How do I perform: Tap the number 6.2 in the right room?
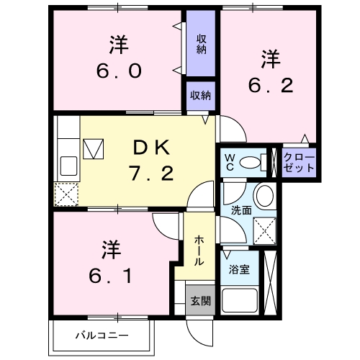(x=271, y=86)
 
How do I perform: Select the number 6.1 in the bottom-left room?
(x=110, y=275)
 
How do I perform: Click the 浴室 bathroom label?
(x=239, y=270)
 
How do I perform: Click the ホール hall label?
(x=199, y=250)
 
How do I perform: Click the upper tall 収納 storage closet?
(x=201, y=44)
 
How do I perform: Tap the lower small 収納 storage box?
(x=201, y=96)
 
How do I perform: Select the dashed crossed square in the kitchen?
(x=67, y=193)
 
